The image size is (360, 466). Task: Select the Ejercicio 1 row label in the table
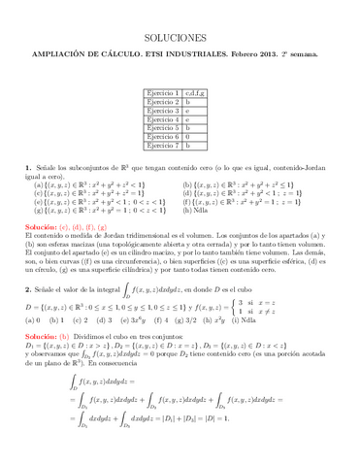162,91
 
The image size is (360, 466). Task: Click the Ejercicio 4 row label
162,118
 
